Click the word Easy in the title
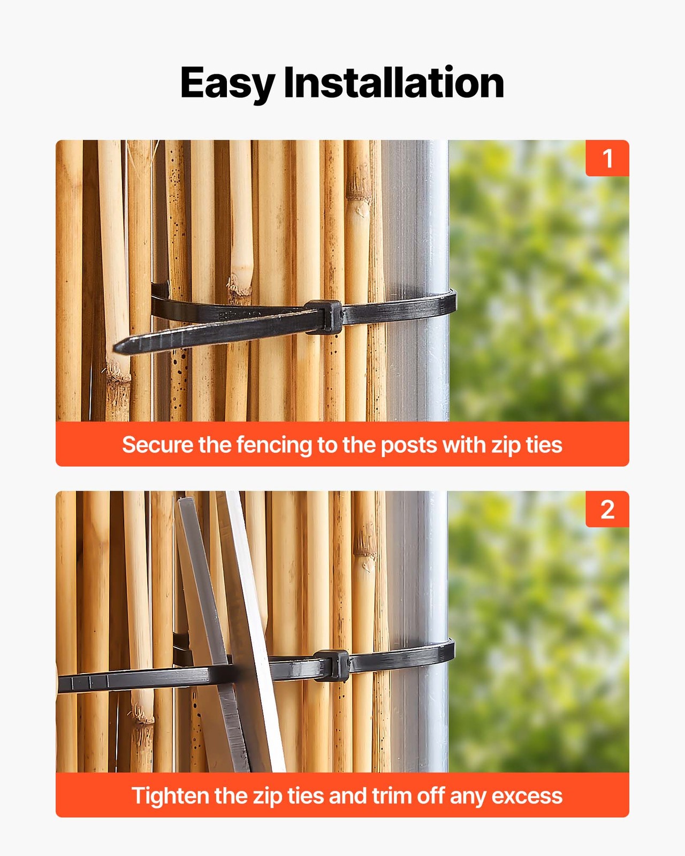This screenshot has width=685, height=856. point(227,83)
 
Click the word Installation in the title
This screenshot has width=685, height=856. point(393,83)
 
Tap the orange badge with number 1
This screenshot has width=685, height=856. point(607,158)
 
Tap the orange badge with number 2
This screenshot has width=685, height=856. point(607,509)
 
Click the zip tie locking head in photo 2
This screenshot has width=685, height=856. point(332,665)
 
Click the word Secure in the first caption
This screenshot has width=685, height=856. point(157,445)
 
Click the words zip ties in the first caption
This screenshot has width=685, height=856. point(527,445)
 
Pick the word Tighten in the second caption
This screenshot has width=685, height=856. point(170,796)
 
